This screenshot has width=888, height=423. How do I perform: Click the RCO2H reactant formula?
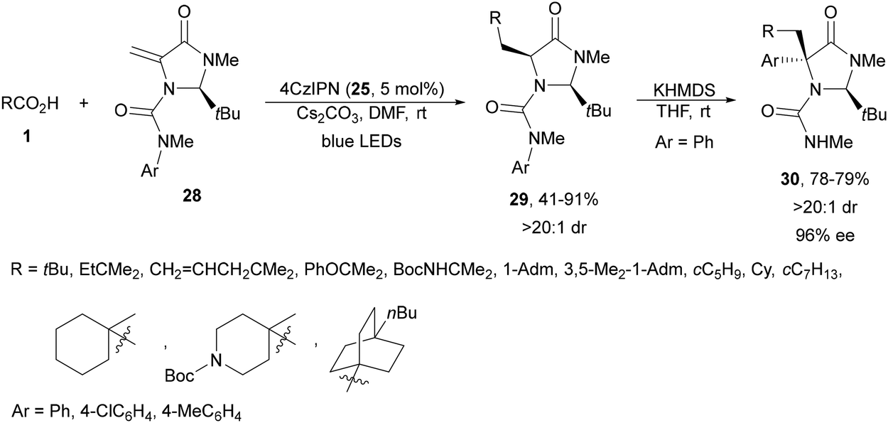click(x=30, y=104)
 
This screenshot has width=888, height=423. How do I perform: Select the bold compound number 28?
click(x=192, y=196)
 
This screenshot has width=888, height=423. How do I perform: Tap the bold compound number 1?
click(x=26, y=137)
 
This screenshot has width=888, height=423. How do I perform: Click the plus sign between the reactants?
click(x=84, y=104)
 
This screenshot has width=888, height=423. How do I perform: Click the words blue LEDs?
click(x=362, y=141)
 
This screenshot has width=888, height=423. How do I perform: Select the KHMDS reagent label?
click(x=684, y=91)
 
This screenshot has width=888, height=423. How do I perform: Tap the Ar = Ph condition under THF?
click(x=684, y=142)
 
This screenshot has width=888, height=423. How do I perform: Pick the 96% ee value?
click(x=825, y=236)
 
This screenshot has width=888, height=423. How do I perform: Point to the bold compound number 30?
click(x=790, y=179)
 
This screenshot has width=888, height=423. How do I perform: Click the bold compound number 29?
click(x=519, y=200)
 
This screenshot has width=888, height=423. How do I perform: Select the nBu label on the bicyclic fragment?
click(x=401, y=314)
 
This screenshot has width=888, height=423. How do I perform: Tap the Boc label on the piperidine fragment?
click(x=180, y=375)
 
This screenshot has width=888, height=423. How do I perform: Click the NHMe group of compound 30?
click(x=828, y=141)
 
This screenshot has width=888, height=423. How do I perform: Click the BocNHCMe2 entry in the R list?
click(x=440, y=271)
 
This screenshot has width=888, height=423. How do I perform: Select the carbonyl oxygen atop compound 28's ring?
click(x=184, y=12)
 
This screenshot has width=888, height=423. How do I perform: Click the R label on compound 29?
click(x=496, y=18)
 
